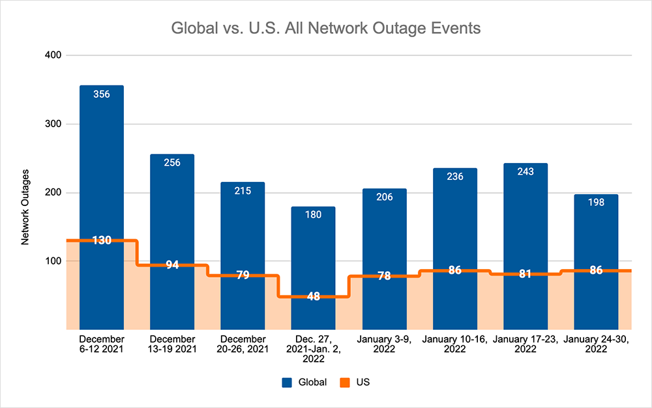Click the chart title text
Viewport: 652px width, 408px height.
[325, 29]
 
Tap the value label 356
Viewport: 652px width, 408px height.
[102, 95]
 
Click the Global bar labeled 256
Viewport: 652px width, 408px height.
[172, 209]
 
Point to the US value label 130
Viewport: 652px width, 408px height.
[102, 240]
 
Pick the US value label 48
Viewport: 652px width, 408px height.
[313, 297]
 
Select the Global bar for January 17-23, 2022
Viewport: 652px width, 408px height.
[526, 215]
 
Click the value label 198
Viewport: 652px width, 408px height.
[596, 202]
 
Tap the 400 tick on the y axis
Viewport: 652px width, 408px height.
[53, 55]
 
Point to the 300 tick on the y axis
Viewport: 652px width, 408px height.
[53, 124]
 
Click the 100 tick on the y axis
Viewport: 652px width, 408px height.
[53, 261]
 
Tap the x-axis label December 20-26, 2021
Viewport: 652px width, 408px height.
[243, 344]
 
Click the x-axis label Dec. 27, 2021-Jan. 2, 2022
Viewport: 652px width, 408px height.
[313, 349]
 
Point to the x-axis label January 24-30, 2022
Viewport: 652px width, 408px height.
[596, 344]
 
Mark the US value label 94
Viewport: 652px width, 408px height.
[172, 265]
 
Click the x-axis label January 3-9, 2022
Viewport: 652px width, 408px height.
[383, 344]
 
